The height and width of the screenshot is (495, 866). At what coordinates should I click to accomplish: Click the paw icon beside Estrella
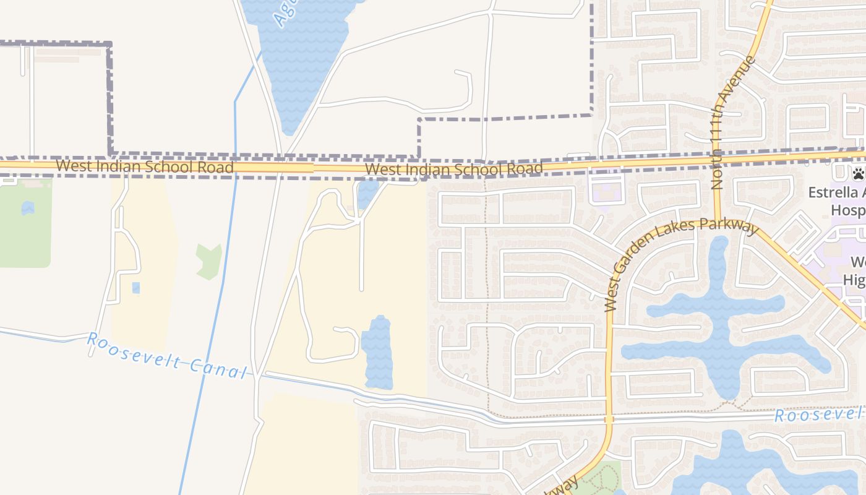(858, 173)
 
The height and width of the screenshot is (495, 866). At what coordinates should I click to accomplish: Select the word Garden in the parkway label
(637, 252)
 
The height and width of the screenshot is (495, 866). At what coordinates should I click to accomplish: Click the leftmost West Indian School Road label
(145, 166)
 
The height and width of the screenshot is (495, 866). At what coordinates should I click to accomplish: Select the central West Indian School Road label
(454, 169)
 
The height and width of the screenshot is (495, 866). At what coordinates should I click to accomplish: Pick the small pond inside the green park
(28, 208)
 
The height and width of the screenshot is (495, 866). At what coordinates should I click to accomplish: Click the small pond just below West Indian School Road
(368, 193)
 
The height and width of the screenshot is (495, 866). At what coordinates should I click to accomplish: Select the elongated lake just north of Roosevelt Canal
(377, 353)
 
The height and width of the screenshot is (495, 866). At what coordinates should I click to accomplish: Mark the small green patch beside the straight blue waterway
(208, 260)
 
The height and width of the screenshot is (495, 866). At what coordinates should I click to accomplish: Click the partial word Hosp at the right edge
(847, 210)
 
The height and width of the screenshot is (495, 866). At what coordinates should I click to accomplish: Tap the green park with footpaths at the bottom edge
(600, 480)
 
